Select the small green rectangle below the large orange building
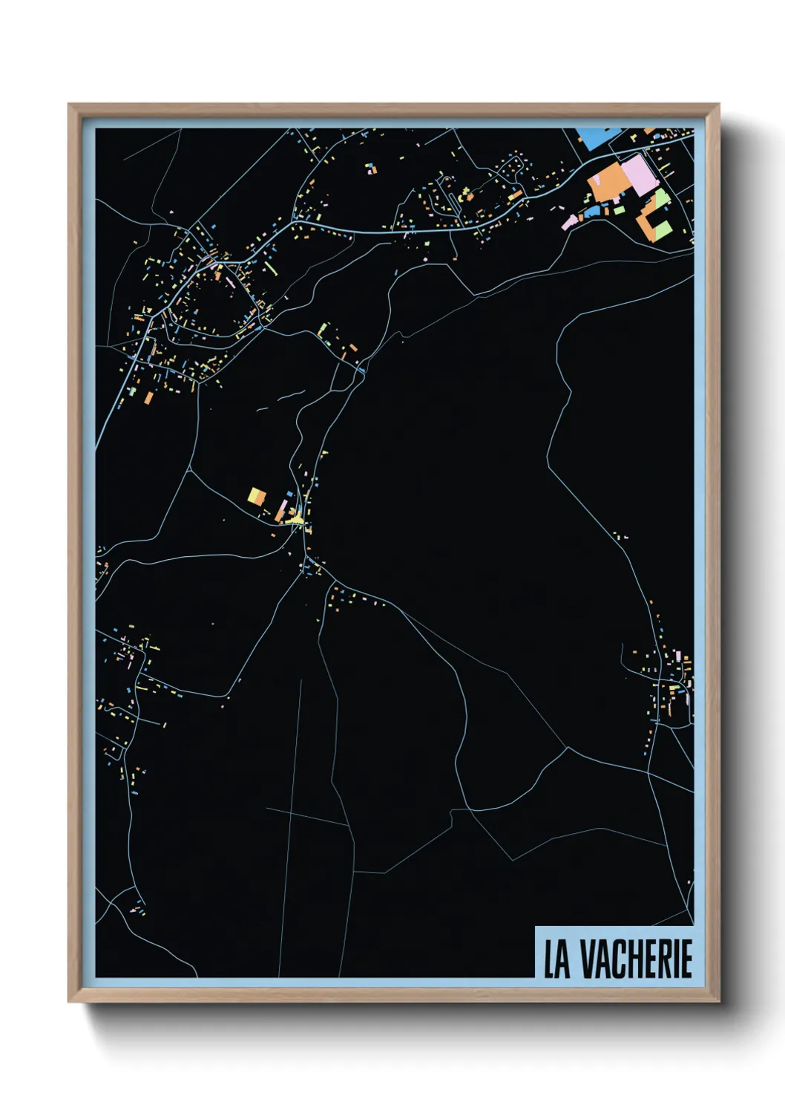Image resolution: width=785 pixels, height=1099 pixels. [618, 210]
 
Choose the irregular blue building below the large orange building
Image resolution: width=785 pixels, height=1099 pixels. [592, 212]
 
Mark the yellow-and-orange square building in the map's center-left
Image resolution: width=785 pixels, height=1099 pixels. [257, 495]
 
